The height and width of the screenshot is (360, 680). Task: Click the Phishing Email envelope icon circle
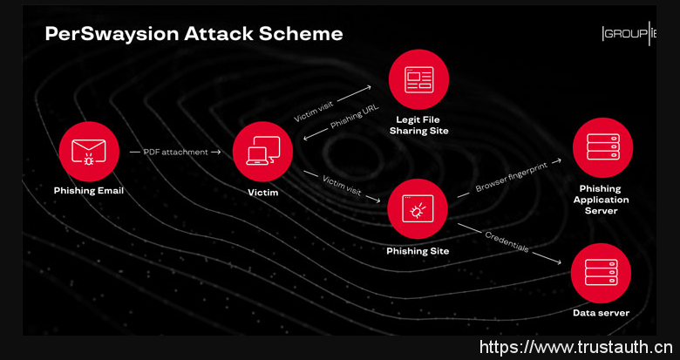89,152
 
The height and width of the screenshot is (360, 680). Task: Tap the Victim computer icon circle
262,152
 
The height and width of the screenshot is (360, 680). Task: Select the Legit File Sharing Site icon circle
418,79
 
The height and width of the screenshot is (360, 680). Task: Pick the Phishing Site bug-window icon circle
418,208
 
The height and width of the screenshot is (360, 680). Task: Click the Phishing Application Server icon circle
602,147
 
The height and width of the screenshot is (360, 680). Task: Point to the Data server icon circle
601,273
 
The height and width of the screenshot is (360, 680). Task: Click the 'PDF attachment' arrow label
175,152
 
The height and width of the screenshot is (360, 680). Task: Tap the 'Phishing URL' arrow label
354,116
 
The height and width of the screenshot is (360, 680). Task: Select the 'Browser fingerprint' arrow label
511,177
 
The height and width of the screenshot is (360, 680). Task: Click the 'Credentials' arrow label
507,242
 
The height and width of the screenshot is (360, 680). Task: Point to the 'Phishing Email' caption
89,191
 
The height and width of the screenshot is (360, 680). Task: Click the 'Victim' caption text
262,192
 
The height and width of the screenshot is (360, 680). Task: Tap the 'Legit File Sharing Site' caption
419,125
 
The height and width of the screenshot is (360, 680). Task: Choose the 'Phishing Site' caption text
418,251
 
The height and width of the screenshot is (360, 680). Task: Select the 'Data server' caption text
601,313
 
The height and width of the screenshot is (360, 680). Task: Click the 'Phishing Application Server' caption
601,200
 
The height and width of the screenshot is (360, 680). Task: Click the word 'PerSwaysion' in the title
112,34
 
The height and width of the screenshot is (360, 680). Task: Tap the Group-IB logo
629,33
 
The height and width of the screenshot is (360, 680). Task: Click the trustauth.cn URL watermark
576,347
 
